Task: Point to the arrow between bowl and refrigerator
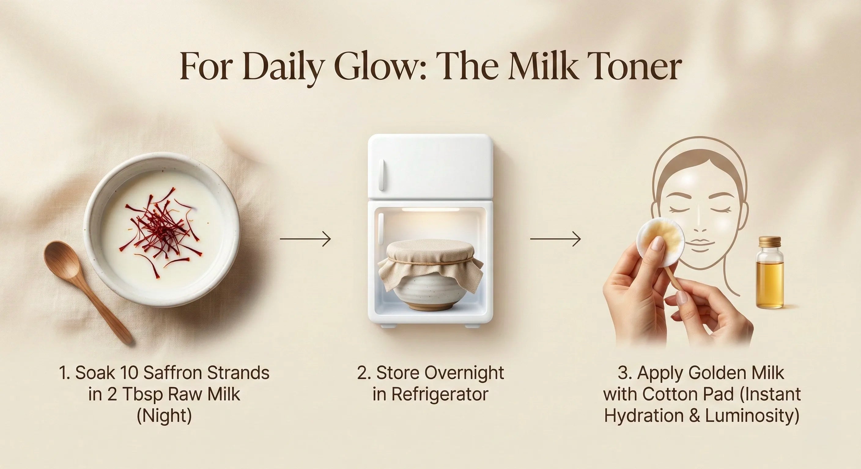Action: point(305,239)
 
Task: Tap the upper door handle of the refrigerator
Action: point(381,174)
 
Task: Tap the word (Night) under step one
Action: point(164,416)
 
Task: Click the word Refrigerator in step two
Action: point(440,394)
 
